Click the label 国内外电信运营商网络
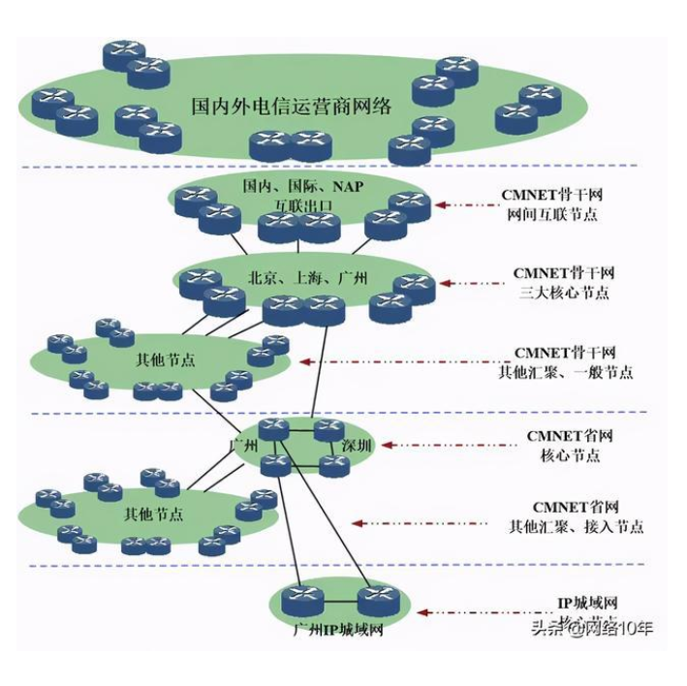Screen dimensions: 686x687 [x=292, y=106]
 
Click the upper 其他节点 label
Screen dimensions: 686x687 [x=164, y=360]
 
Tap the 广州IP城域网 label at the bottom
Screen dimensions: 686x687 [x=339, y=631]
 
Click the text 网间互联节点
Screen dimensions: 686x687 [x=551, y=214]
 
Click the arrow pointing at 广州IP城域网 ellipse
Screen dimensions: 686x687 [x=475, y=612]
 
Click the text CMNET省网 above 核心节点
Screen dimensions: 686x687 [x=569, y=436]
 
